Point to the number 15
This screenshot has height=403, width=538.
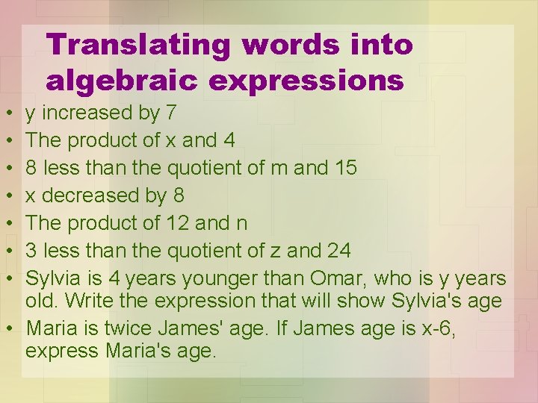(344, 168)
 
